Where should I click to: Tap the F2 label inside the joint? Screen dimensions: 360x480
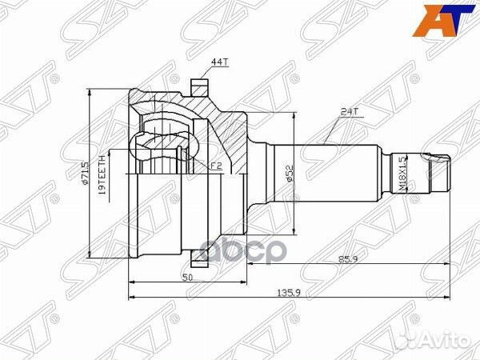(x=215, y=166)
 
